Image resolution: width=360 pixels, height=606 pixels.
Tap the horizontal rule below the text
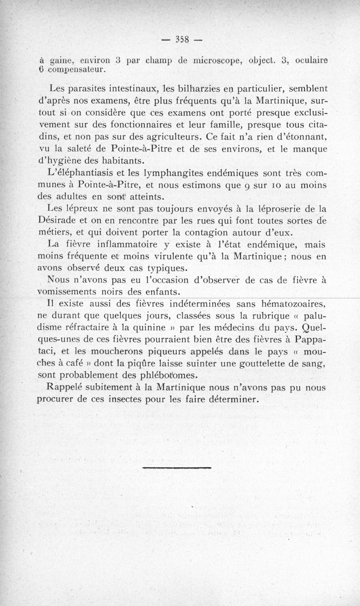pos(176,468)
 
